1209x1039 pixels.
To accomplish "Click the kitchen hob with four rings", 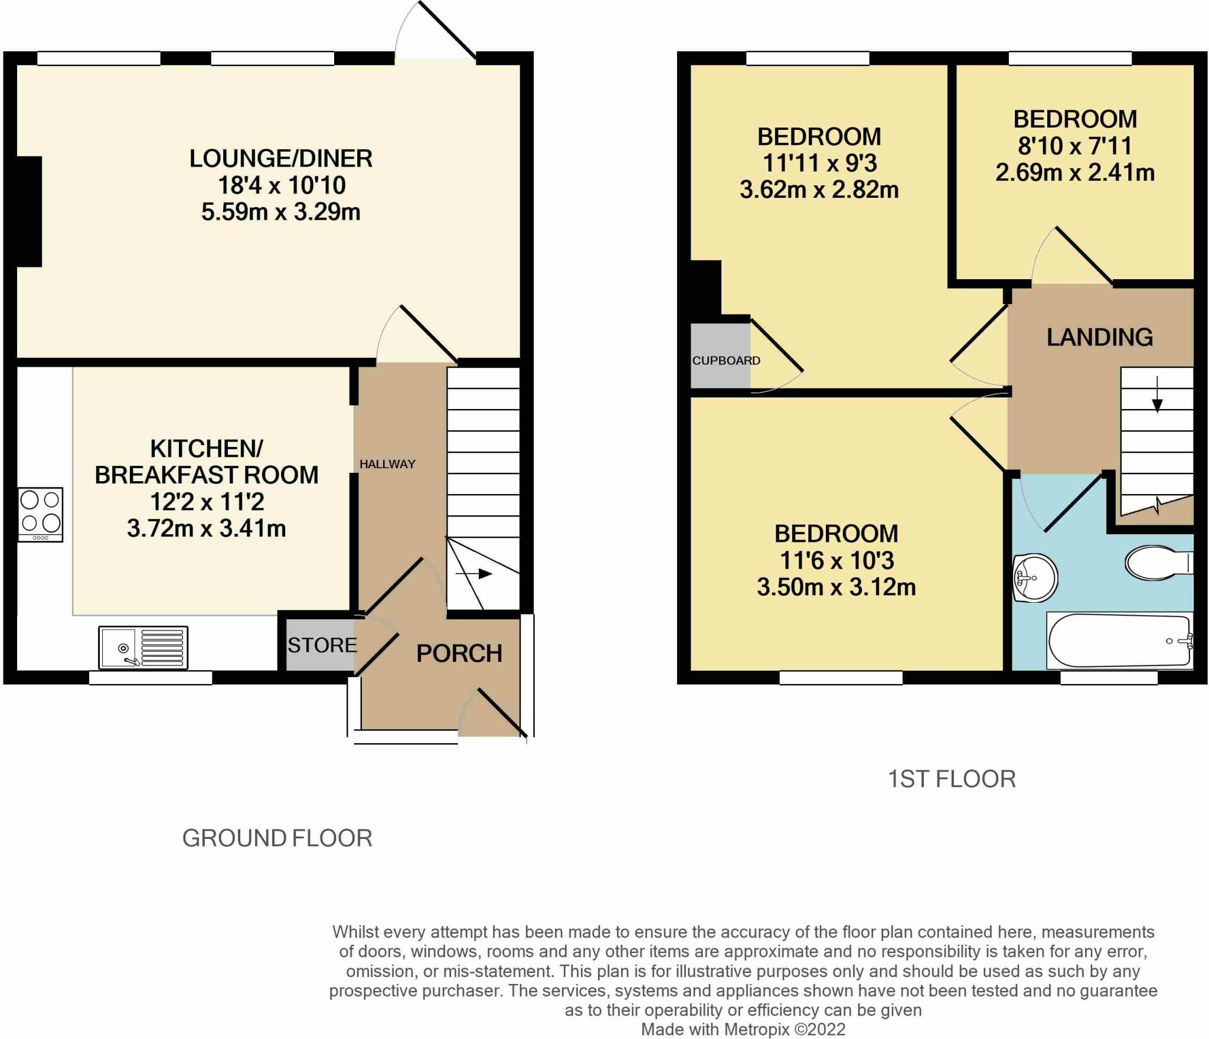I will point(40,514).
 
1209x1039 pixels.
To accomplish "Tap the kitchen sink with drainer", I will point(143,648).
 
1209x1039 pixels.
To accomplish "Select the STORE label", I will point(322,645).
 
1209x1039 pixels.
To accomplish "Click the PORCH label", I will point(459,654).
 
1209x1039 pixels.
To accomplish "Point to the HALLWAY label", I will point(387,464).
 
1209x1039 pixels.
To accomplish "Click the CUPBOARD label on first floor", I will point(726,360).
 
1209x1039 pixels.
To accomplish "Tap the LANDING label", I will point(1099,337).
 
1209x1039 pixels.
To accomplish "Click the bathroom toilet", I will point(1157,563).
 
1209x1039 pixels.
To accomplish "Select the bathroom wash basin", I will point(1034,577).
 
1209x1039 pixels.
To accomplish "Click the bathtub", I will point(1119,641).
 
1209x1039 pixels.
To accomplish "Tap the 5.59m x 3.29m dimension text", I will point(280,211).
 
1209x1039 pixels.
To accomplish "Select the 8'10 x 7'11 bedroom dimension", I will point(1074,146).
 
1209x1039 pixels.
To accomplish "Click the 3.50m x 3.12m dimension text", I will point(836,587).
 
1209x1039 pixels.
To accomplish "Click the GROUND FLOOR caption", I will point(277,838).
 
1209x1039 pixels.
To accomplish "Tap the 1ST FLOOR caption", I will point(952,779).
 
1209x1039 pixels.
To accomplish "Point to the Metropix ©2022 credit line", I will point(743,1029).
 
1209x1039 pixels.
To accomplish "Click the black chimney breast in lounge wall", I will point(28,211).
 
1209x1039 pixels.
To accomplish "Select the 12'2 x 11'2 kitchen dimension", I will point(207,502).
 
